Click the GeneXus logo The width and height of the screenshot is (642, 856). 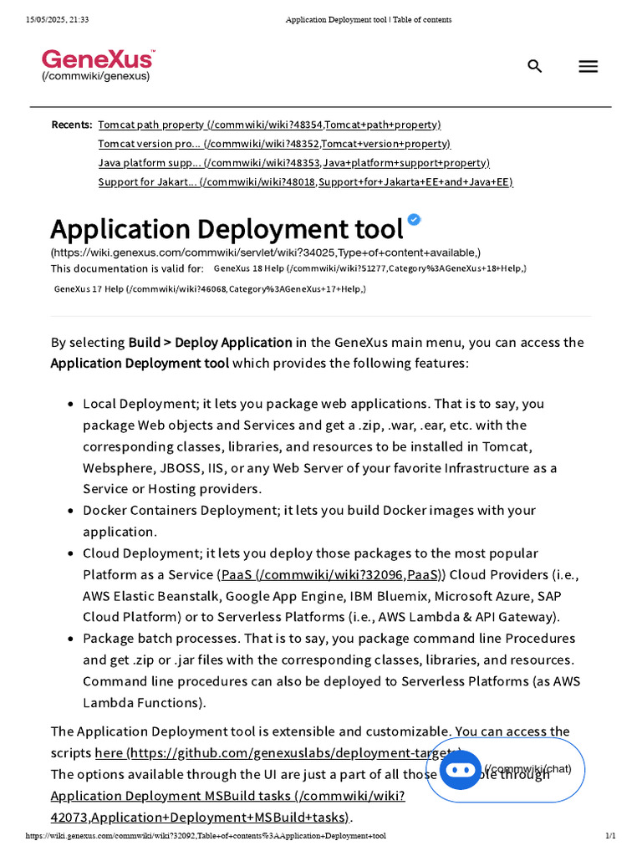point(98,60)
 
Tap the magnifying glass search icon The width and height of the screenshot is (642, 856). point(535,66)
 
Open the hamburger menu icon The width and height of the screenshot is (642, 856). point(588,66)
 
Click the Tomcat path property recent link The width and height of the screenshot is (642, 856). point(269,125)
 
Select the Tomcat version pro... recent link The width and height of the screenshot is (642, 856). point(274,144)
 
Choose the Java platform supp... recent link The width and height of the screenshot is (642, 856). point(293,162)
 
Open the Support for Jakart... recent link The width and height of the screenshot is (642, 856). point(305,181)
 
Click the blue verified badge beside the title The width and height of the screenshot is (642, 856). point(415,220)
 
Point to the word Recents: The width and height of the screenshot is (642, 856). point(72,125)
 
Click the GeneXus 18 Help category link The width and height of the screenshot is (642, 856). point(369,268)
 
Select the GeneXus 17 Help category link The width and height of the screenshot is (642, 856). point(209,288)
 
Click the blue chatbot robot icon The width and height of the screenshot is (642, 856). point(461,770)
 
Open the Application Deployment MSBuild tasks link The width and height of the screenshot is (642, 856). point(227,806)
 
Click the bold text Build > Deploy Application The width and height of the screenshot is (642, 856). point(210,342)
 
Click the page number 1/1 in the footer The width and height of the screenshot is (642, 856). point(610,836)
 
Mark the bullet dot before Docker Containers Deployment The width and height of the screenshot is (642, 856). point(71,511)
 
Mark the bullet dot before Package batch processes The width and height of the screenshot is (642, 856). point(71,639)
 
